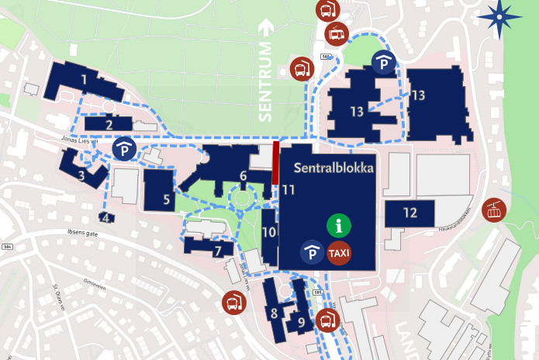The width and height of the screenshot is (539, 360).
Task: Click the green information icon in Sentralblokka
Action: (x=338, y=226)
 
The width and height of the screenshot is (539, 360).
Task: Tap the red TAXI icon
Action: (x=338, y=253)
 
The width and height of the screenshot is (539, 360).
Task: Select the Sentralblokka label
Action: (x=333, y=168)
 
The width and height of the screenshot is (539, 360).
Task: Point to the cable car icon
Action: (x=494, y=209)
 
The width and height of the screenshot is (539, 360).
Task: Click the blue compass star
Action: (x=499, y=18)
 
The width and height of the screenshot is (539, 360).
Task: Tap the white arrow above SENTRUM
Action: (x=267, y=27)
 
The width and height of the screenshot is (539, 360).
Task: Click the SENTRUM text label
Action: (x=267, y=81)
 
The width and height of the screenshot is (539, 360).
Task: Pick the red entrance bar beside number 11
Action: (x=275, y=162)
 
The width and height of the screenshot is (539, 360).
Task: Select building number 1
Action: (x=83, y=78)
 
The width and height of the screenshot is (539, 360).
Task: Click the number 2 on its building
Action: (x=109, y=124)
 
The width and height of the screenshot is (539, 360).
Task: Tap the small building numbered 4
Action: (x=106, y=218)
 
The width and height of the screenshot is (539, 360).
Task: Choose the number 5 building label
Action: (x=167, y=199)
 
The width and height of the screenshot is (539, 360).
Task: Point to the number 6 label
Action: (x=243, y=176)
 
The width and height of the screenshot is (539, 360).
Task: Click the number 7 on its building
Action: (x=219, y=251)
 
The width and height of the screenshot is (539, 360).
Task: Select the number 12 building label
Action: (x=410, y=213)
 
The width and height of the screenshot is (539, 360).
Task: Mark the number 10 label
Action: (x=269, y=232)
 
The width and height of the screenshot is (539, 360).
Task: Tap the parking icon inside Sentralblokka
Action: (x=312, y=253)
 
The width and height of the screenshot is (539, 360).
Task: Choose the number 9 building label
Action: (x=301, y=321)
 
